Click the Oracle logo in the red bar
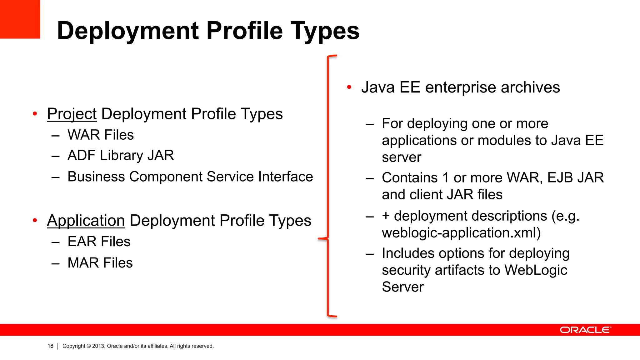[x=585, y=330]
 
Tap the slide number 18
[x=50, y=346]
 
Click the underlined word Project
[x=72, y=114]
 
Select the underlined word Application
[x=86, y=221]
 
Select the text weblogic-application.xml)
[x=461, y=233]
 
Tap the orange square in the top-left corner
[x=20, y=19]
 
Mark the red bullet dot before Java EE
[x=349, y=87]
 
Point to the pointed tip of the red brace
[x=319, y=239]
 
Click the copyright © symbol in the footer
[x=89, y=346]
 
